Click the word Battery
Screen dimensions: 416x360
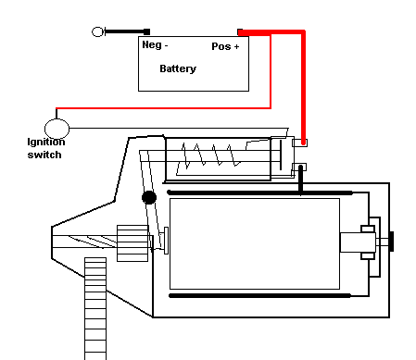tap(178, 68)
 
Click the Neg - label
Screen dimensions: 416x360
tap(155, 45)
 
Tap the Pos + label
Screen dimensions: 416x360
tap(225, 46)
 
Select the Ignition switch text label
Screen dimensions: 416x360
tap(46, 148)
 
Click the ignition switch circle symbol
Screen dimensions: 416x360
tap(57, 129)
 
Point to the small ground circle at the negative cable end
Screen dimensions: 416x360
tap(97, 31)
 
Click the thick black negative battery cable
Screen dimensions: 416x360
tap(127, 31)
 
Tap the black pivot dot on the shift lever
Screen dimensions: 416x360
tap(149, 197)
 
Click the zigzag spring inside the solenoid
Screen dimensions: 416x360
tap(210, 155)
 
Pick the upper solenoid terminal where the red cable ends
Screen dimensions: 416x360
tap(299, 143)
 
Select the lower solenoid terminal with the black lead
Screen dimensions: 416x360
tap(299, 168)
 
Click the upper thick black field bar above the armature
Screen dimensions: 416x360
tap(260, 192)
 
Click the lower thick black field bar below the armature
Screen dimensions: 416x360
tap(260, 296)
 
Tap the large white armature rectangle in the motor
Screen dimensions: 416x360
tap(255, 243)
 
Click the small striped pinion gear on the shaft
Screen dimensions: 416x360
tap(132, 243)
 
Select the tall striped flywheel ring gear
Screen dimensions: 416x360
tap(95, 308)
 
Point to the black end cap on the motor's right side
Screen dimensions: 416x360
tap(392, 242)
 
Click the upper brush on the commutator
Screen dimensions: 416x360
tap(368, 229)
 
